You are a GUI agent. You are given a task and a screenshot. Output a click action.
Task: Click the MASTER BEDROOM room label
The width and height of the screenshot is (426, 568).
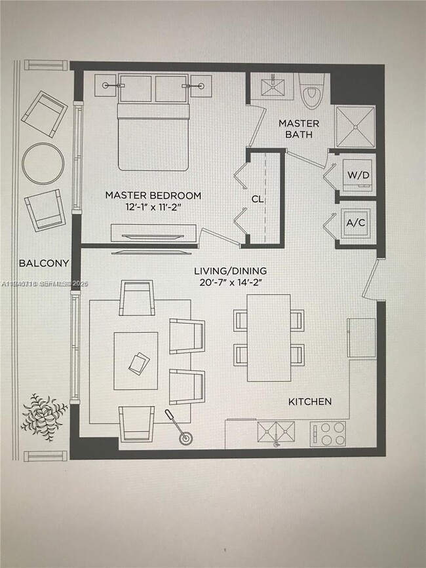(153, 195)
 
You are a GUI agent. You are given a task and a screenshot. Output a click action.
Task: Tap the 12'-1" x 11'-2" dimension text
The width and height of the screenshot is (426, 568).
(153, 207)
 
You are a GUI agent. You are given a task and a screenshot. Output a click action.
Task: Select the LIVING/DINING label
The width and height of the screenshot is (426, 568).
(230, 271)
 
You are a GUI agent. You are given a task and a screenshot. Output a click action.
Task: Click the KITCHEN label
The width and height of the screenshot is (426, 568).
(310, 401)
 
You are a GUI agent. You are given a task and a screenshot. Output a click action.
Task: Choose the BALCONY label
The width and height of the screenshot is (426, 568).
(43, 263)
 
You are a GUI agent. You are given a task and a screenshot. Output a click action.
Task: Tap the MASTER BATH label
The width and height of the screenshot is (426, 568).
(299, 129)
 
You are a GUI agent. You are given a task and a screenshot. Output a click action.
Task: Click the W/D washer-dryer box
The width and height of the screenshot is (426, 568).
(358, 175)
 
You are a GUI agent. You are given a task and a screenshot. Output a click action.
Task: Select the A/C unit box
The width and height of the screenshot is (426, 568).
(357, 223)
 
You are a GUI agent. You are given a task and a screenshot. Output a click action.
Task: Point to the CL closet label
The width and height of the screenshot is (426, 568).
(258, 199)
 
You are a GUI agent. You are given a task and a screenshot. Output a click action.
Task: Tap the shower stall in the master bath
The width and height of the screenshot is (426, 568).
(355, 126)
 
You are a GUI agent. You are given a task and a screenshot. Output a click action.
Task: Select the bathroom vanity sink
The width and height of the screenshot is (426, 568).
(272, 86)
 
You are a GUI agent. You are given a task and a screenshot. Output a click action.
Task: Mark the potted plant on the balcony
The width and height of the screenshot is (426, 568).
(43, 413)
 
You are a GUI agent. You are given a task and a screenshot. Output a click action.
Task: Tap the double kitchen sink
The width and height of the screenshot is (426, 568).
(276, 432)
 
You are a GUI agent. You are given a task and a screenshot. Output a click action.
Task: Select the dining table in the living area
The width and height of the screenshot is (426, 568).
(269, 337)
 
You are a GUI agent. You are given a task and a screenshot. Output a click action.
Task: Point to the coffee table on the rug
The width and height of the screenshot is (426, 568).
(136, 361)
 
